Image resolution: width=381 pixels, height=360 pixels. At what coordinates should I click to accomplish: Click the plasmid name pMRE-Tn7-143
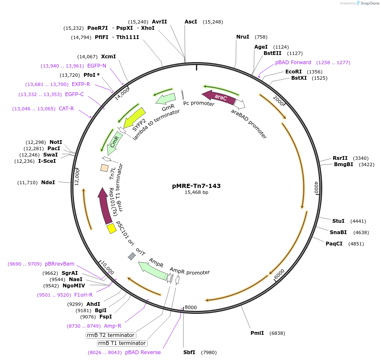(196, 185)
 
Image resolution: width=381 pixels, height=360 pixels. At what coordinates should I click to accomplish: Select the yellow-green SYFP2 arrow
(133, 118)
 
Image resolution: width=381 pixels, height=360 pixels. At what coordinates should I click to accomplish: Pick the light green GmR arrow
(165, 99)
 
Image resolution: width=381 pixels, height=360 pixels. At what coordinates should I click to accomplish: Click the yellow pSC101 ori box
(111, 228)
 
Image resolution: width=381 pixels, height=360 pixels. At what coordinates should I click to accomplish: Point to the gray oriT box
(132, 256)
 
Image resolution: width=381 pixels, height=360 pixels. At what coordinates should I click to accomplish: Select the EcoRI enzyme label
(294, 72)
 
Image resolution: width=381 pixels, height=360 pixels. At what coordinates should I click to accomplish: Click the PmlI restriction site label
(257, 333)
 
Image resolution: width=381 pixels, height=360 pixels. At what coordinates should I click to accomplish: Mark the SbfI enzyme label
(189, 352)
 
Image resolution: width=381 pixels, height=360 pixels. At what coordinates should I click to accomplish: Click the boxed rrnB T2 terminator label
(111, 335)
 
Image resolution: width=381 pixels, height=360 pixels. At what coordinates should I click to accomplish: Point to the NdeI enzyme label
(48, 183)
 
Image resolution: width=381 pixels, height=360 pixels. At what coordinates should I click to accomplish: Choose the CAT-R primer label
(66, 109)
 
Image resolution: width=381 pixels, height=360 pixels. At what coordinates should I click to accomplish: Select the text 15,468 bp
(196, 193)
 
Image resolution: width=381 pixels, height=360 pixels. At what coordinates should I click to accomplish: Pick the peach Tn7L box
(104, 168)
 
